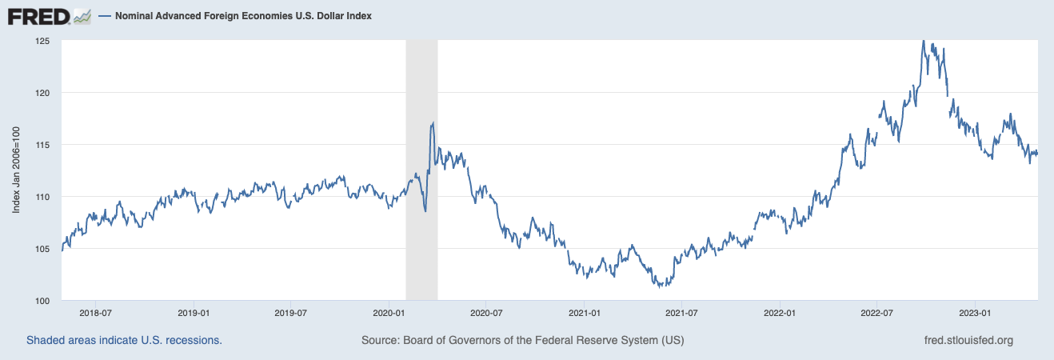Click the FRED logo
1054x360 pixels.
coord(49,15)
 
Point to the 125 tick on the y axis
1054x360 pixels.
coord(42,41)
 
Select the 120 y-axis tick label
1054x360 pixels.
coord(42,93)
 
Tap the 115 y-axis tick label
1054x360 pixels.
coord(42,145)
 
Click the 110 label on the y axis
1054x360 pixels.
coord(42,197)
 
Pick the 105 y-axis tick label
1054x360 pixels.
coord(42,249)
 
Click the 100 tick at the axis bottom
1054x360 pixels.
coord(42,301)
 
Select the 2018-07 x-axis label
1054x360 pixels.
coord(95,313)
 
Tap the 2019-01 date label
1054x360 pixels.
coord(194,313)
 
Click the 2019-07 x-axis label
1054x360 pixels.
coord(291,313)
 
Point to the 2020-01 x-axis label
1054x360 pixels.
coord(389,313)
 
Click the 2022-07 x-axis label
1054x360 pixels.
coord(877,313)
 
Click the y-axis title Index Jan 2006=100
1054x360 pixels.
coord(17,170)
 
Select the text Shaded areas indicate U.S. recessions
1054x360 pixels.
coord(124,340)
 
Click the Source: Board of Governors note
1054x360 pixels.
coord(522,340)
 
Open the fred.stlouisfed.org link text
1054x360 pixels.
coord(968,340)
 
